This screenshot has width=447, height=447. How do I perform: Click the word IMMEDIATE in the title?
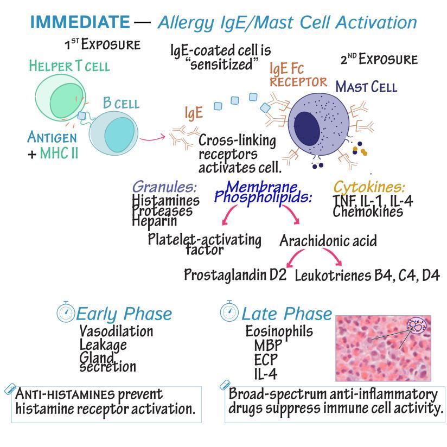coord(79,22)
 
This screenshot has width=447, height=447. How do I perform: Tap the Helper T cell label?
coord(69,66)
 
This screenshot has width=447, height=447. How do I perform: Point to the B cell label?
coord(121,103)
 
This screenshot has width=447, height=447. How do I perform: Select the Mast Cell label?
coord(366,86)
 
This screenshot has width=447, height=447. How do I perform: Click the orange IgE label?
coord(194,113)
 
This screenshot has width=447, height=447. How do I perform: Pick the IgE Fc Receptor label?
coord(298,75)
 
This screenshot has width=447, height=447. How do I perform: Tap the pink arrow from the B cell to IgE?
coord(151,137)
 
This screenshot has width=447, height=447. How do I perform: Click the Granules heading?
coord(164,187)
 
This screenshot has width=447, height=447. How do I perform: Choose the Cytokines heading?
coord(369,187)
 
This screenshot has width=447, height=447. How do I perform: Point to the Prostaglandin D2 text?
coord(235,274)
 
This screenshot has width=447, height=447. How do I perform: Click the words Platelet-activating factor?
coord(205,244)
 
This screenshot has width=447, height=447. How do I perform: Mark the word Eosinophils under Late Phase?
coord(279,330)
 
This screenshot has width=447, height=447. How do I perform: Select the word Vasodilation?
coord(116,331)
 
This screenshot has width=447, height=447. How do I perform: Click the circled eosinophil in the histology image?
coord(417,327)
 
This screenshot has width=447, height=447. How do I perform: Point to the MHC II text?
coord(59,153)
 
